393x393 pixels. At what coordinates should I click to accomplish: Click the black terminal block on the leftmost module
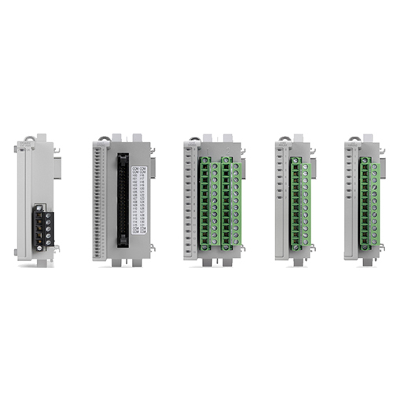point(43,225)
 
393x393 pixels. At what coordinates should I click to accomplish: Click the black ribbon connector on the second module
point(122,197)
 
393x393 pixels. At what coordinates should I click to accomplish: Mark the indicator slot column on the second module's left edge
point(96,196)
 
